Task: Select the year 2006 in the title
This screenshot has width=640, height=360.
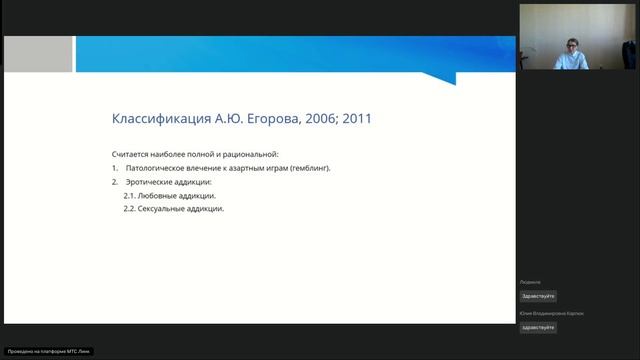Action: (328, 120)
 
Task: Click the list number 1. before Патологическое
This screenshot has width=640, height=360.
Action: (115, 169)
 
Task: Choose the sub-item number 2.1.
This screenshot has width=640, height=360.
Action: (130, 196)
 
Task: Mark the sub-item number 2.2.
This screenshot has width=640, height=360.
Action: (130, 209)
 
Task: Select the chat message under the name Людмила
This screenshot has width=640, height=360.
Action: (538, 296)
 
